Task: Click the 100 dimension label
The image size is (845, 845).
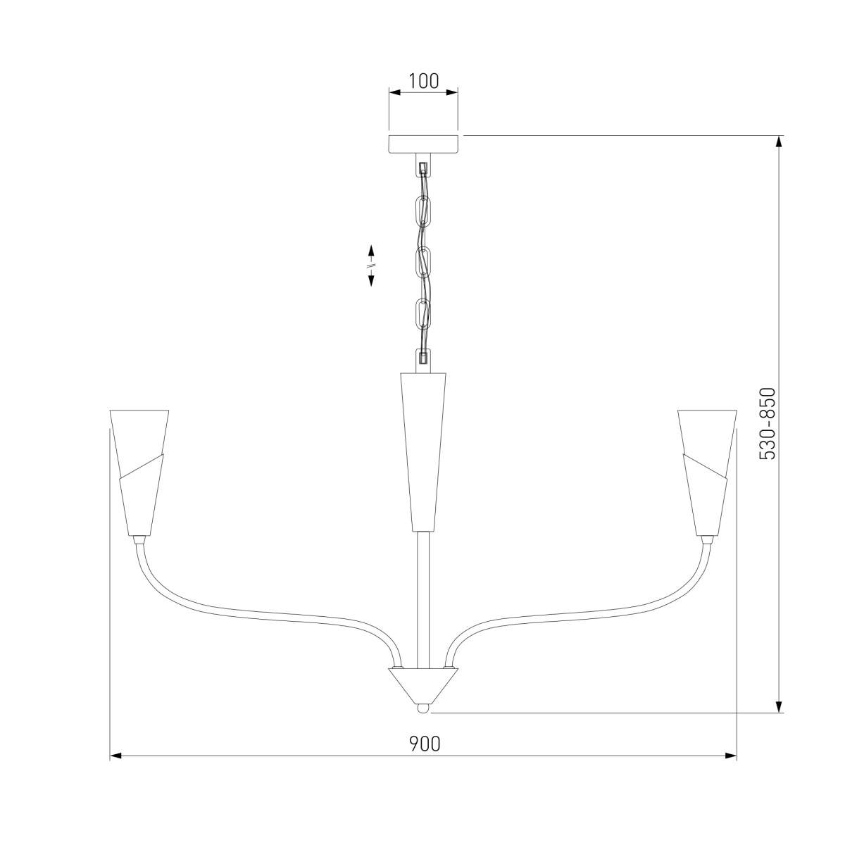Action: pyautogui.click(x=424, y=81)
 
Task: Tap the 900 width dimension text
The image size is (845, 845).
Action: pyautogui.click(x=425, y=744)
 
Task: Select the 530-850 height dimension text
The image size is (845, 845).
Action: pyautogui.click(x=767, y=424)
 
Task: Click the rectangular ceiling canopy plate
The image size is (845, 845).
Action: pyautogui.click(x=424, y=144)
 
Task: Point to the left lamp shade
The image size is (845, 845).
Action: pyautogui.click(x=139, y=472)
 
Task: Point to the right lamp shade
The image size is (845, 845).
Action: pyautogui.click(x=707, y=472)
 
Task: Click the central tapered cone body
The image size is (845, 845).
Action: pyautogui.click(x=423, y=452)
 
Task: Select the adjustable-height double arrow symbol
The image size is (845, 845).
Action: pyautogui.click(x=371, y=265)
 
